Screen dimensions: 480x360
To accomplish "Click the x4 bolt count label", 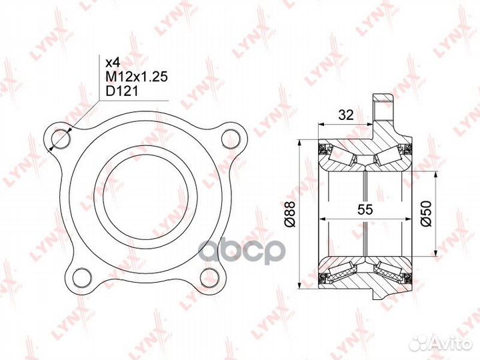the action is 113,63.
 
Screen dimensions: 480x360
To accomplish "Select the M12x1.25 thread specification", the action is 137,77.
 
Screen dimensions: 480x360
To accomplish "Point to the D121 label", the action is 122,91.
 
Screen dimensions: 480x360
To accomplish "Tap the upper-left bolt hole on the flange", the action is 61,139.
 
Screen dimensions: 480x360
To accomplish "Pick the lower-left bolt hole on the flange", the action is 82,277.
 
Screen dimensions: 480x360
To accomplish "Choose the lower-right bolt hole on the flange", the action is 209,277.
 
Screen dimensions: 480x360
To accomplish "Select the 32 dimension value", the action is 346,115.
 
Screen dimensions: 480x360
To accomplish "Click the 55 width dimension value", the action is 365,210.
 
